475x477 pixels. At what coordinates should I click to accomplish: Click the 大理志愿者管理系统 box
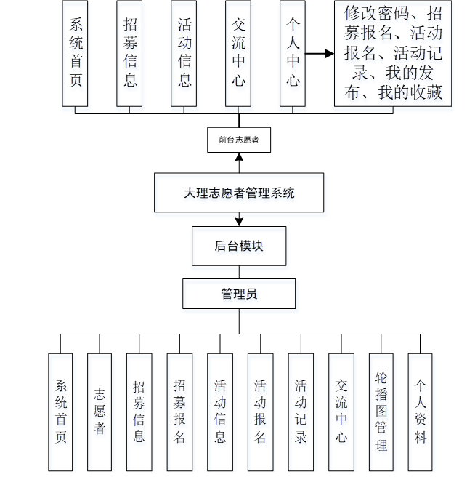point(239,193)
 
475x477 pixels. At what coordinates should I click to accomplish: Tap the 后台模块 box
point(239,246)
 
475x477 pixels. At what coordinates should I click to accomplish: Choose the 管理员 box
point(239,294)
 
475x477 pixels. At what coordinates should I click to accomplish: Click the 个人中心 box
point(293,53)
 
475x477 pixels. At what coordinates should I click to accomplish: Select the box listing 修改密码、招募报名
point(393,53)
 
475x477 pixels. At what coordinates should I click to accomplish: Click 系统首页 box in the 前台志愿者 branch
point(75,53)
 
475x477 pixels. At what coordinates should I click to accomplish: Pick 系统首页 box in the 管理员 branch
point(61,412)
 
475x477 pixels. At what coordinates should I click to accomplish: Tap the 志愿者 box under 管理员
point(100,412)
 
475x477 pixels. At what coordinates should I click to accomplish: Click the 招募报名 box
point(179,412)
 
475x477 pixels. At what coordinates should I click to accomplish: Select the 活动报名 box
point(260,412)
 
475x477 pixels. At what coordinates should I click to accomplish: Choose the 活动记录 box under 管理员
point(301,412)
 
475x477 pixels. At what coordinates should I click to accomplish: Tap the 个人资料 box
point(421,412)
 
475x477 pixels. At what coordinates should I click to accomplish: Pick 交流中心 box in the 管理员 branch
point(341,412)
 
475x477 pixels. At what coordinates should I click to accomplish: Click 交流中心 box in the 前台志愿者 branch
point(238,53)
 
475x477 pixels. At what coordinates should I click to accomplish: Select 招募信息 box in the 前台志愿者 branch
point(129,53)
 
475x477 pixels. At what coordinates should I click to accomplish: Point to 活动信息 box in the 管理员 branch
point(219,412)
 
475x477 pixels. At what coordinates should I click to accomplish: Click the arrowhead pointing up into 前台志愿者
point(239,156)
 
